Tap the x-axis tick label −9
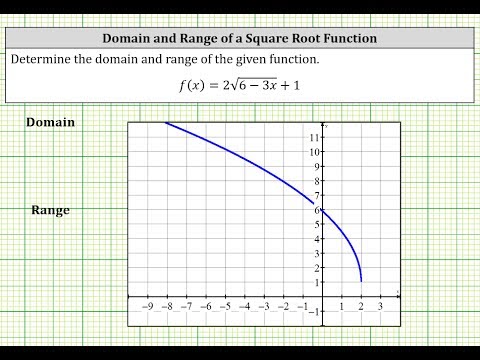click(x=147, y=307)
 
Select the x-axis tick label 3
click(x=380, y=307)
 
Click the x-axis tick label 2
click(x=361, y=307)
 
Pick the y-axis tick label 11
click(x=314, y=137)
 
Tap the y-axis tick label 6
click(x=316, y=210)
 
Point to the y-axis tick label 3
click(x=316, y=254)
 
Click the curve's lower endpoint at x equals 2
click(x=360, y=281)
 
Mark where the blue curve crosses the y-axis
click(x=322, y=209)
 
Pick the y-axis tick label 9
click(x=316, y=166)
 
